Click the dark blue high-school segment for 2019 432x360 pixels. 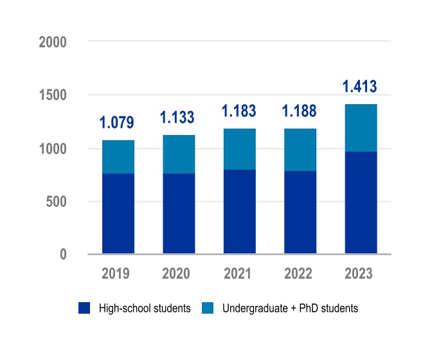tap(118, 213)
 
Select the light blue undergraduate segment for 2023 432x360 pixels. tap(361, 128)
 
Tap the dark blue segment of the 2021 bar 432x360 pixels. tap(239, 212)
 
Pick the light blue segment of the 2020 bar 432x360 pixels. tap(179, 154)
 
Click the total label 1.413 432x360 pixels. tap(360, 87)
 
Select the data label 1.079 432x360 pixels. tap(118, 123)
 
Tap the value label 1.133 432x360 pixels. tap(178, 118)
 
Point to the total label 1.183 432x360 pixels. tap(239, 111)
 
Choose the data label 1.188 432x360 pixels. tap(300, 111)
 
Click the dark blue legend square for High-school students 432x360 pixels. tap(84, 309)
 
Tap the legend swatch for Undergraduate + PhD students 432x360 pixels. tap(208, 309)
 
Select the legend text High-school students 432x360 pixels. tap(145, 309)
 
